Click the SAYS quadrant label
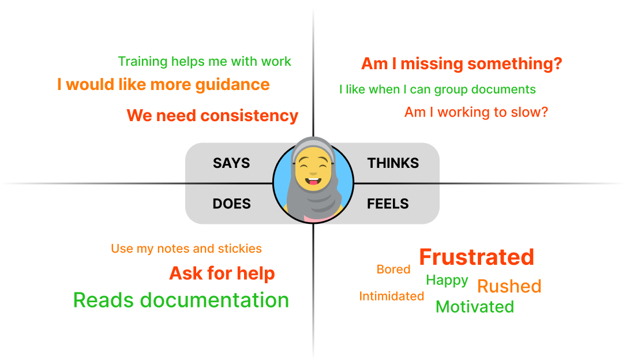231,163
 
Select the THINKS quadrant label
393,163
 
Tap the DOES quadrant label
231,204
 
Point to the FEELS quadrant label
388,204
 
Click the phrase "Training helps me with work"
205,61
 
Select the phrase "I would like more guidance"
163,85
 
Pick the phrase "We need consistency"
212,115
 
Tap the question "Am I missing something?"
462,63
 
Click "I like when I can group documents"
437,89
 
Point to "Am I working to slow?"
476,112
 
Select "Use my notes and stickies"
186,249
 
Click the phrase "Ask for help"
222,273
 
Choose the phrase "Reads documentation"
181,300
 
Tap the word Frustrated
477,257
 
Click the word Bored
393,269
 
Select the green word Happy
447,280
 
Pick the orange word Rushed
509,286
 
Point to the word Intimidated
392,296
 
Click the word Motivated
475,306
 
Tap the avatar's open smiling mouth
313,184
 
